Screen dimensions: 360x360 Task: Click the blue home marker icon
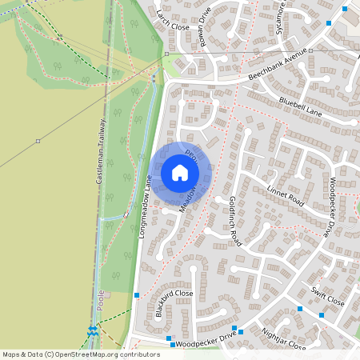pos(180,173)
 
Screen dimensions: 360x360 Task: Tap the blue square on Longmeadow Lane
pos(137,295)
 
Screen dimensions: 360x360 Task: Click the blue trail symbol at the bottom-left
pos(94,330)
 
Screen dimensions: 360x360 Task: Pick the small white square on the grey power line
pos(38,141)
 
